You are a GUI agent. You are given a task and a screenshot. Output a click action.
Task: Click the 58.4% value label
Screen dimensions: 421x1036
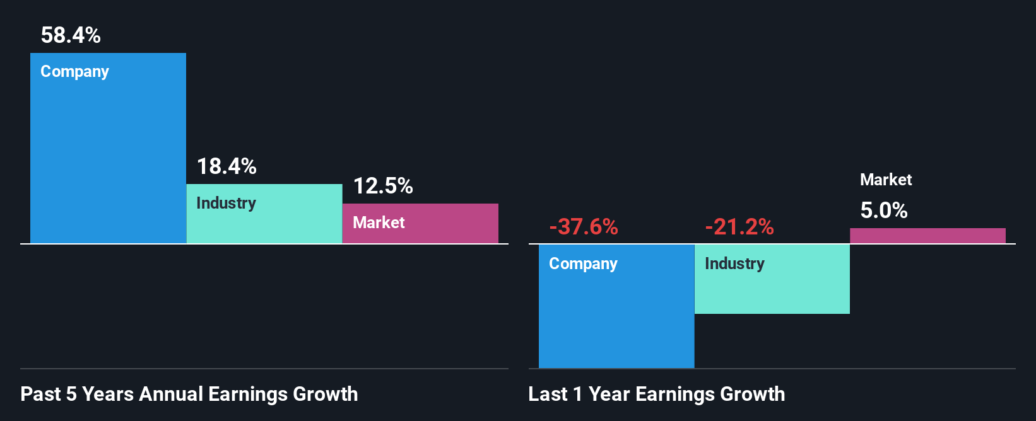(71, 35)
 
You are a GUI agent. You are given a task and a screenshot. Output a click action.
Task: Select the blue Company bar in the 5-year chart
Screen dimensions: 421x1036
(108, 158)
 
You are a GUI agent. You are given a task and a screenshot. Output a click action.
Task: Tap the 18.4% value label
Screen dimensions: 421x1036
(227, 166)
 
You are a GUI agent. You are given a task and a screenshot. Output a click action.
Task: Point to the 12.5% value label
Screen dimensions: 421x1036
(383, 186)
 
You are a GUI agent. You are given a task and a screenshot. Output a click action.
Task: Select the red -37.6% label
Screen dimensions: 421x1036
(584, 226)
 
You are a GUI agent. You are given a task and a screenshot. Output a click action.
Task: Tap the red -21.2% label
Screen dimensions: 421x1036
(739, 226)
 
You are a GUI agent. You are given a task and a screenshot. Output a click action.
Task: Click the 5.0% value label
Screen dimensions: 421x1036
(884, 211)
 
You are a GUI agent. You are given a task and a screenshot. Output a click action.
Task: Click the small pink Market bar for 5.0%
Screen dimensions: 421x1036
(927, 236)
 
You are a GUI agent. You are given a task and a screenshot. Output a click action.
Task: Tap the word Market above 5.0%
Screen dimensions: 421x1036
(886, 180)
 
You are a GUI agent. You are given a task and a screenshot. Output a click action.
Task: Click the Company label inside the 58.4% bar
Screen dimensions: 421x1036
(74, 72)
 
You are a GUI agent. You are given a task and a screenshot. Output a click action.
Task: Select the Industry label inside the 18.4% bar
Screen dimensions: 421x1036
(226, 203)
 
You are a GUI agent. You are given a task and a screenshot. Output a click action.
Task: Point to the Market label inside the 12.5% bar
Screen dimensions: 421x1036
(379, 222)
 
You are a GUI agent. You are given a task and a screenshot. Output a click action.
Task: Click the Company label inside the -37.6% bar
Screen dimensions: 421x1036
(583, 263)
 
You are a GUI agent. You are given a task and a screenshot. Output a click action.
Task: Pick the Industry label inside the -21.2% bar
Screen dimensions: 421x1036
(734, 263)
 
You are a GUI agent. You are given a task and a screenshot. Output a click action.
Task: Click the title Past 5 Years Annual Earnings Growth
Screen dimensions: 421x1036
(189, 394)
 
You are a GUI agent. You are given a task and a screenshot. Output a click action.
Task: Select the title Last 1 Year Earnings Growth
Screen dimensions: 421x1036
(657, 394)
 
